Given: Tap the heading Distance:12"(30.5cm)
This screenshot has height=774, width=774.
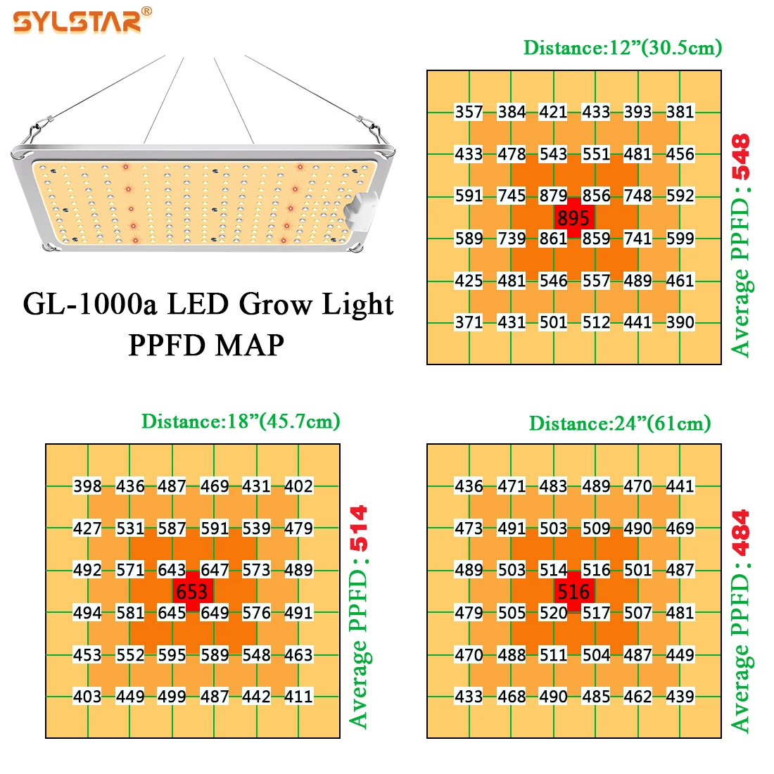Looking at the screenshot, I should point(622,48).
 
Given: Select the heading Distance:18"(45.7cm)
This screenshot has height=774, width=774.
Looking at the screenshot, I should point(241,421).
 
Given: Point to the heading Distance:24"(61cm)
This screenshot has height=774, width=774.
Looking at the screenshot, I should point(620,424).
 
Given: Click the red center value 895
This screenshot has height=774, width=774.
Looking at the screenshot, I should point(573,218).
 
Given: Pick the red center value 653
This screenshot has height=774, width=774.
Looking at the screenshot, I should point(192,592).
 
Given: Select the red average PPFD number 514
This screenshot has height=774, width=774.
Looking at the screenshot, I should point(359,528).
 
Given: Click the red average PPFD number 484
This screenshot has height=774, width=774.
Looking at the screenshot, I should point(740,533).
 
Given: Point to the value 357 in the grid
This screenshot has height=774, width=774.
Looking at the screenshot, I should point(469,112).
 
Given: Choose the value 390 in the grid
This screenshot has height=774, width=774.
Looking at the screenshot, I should point(680,322).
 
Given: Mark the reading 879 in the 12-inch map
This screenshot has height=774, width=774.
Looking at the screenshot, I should point(553,196).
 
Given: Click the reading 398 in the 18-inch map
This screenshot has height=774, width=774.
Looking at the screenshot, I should point(87,486).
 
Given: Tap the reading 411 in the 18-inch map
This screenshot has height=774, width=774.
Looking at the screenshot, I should point(298,697).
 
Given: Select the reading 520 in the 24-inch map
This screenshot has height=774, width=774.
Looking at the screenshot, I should point(553,613).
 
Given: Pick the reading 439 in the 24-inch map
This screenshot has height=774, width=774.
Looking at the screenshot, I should point(680,697).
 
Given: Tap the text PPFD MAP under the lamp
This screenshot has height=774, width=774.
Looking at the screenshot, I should point(206,345).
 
